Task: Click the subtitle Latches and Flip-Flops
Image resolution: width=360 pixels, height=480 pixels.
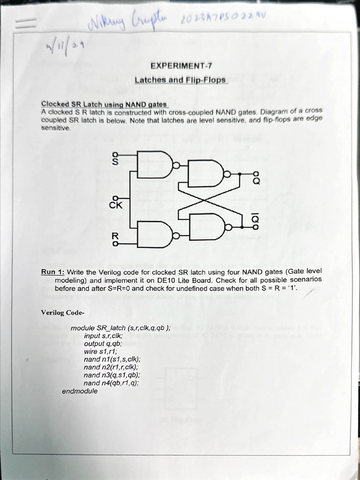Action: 180,80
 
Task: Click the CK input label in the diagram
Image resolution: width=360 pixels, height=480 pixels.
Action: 115,204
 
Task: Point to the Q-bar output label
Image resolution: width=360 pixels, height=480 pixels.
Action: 256,219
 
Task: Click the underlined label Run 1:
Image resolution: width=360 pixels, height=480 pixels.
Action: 53,272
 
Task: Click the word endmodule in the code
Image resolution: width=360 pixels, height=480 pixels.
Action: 80,390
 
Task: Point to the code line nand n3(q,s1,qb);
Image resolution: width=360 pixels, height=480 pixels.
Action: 112,375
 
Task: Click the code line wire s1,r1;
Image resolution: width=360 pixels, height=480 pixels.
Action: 100,352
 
